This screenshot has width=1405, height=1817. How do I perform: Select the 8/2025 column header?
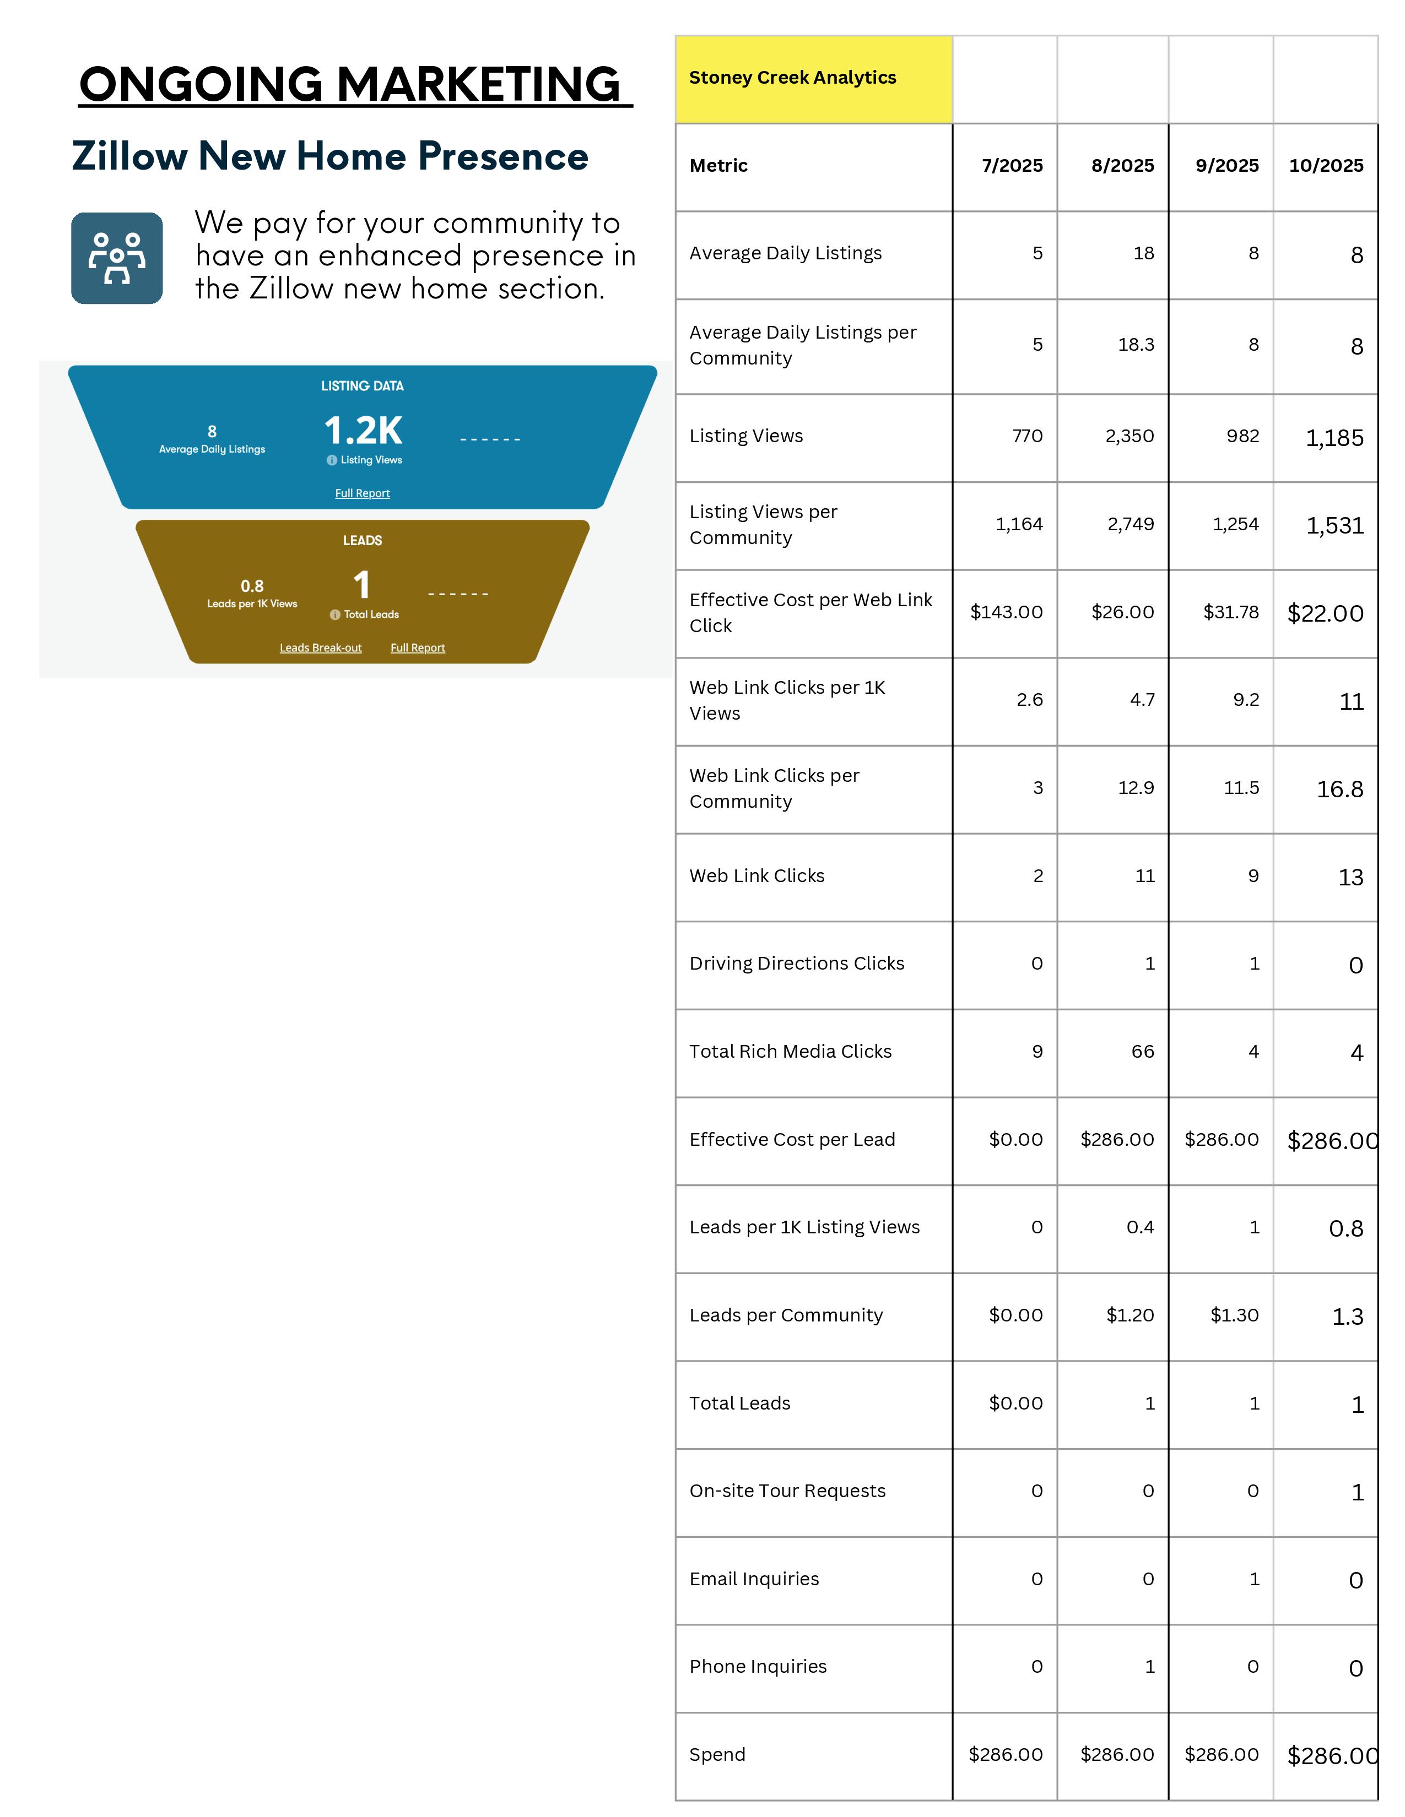pyautogui.click(x=1122, y=166)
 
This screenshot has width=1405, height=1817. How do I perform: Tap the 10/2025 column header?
pyautogui.click(x=1326, y=166)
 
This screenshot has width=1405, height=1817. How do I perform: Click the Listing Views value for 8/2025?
pyautogui.click(x=1130, y=436)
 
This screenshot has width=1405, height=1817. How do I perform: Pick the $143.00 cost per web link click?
pyautogui.click(x=1006, y=612)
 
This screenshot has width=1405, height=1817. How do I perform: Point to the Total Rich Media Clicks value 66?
pyautogui.click(x=1142, y=1052)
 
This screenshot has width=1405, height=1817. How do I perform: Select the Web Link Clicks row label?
pyautogui.click(x=756, y=876)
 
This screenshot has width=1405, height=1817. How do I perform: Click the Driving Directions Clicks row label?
pyautogui.click(x=797, y=964)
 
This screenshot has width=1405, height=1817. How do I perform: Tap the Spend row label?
pyautogui.click(x=717, y=1755)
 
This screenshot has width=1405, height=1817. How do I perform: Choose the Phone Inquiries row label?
pyautogui.click(x=758, y=1667)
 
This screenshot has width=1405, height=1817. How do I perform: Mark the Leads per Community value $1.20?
pyautogui.click(x=1130, y=1315)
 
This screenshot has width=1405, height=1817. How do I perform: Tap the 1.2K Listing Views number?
pyautogui.click(x=363, y=431)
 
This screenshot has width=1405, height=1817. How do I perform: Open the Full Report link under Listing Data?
pyautogui.click(x=362, y=493)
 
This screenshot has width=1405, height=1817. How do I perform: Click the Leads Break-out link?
pyautogui.click(x=321, y=648)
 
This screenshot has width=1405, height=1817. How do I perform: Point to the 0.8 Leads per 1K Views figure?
pyautogui.click(x=252, y=586)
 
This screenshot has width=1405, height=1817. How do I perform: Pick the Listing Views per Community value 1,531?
pyautogui.click(x=1334, y=526)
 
